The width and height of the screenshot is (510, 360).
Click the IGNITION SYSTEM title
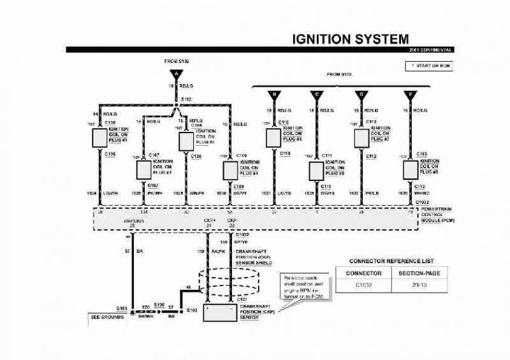[x=351, y=39]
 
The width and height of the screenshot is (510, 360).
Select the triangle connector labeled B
[x=274, y=95]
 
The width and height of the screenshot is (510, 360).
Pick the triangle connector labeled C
[x=316, y=95]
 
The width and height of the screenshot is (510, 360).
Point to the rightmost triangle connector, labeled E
[x=409, y=95]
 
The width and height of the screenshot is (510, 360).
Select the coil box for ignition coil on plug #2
[x=143, y=169]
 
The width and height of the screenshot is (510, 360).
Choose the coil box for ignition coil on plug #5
[x=274, y=138]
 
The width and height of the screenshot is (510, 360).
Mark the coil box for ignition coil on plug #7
[x=362, y=138]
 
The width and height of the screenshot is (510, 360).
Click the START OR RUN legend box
[x=428, y=66]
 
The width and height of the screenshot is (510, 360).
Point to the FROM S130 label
[x=339, y=75]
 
